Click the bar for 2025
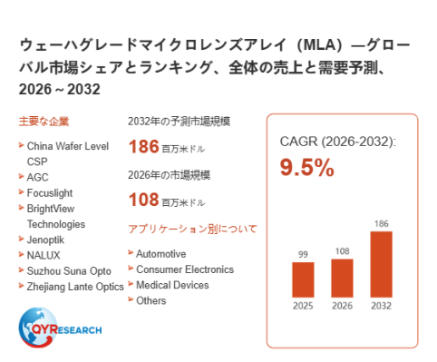coord(303,279)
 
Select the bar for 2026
coord(342,279)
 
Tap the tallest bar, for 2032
coord(381,264)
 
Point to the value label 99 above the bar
coord(303,254)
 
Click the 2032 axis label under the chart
coord(381,306)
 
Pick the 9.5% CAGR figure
coord(306,167)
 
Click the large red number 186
coord(144,146)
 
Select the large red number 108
coord(144,200)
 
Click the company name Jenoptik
coord(45,240)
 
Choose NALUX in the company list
coord(44,256)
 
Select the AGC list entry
coord(37,177)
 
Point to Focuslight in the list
coord(50,193)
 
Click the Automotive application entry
coord(160,254)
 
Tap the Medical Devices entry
coord(172,285)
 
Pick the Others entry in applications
coord(151,300)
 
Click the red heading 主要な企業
coord(44,122)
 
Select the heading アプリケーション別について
coord(192,229)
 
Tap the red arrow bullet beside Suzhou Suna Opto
coord(21,269)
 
